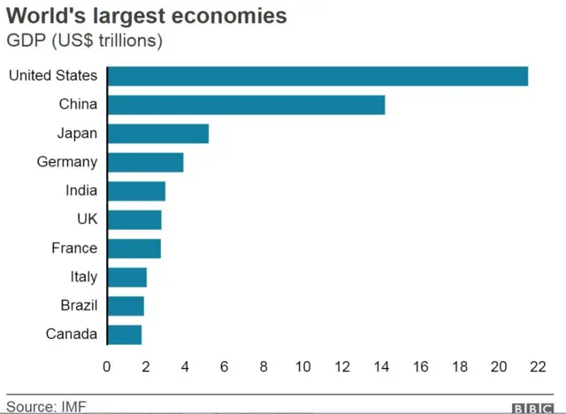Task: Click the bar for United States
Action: (x=317, y=76)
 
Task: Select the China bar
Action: (x=246, y=104)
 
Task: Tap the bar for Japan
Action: (x=157, y=134)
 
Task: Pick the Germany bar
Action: (x=145, y=162)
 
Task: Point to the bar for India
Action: (x=136, y=191)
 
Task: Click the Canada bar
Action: (x=124, y=334)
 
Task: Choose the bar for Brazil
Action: (x=126, y=306)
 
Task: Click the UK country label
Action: (x=87, y=219)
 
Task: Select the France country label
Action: (x=74, y=248)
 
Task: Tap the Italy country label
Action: (x=84, y=277)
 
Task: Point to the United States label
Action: (x=53, y=76)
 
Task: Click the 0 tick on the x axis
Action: (x=107, y=366)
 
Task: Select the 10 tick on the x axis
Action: (x=302, y=366)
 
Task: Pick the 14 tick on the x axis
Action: (x=381, y=366)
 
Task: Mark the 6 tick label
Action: (x=225, y=366)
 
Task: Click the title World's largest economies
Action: (x=147, y=16)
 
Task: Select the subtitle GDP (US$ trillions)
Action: (x=85, y=41)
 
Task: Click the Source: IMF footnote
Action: (x=47, y=406)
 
